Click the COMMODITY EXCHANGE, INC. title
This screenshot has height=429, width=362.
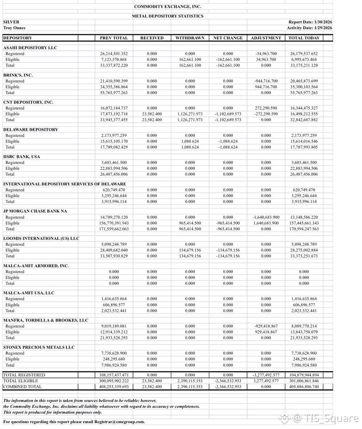[x=167, y=7]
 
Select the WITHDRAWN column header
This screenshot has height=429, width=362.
[x=190, y=38]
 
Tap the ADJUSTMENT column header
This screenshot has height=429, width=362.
[x=266, y=38]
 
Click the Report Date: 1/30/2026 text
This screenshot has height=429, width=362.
[x=310, y=22]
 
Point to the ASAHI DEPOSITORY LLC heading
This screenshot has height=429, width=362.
[x=30, y=48]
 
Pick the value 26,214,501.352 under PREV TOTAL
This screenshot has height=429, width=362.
[x=114, y=54]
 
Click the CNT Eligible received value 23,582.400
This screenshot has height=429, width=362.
[x=152, y=114]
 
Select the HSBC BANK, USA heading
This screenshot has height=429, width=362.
[x=21, y=157]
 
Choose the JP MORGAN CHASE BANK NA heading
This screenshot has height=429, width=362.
[x=35, y=211]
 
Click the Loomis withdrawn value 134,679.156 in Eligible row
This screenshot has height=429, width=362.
[x=190, y=250]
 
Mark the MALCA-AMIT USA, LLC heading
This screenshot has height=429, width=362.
[x=29, y=293]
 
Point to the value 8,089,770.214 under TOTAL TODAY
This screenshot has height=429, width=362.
[x=304, y=326]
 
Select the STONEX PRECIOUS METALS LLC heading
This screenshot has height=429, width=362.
[x=39, y=347]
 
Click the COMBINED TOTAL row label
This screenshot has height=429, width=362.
[x=22, y=387]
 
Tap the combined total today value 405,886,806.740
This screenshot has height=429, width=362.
[x=304, y=387]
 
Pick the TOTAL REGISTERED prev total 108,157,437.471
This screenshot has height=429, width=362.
[x=114, y=375]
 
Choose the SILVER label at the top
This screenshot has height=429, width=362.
[x=11, y=22]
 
